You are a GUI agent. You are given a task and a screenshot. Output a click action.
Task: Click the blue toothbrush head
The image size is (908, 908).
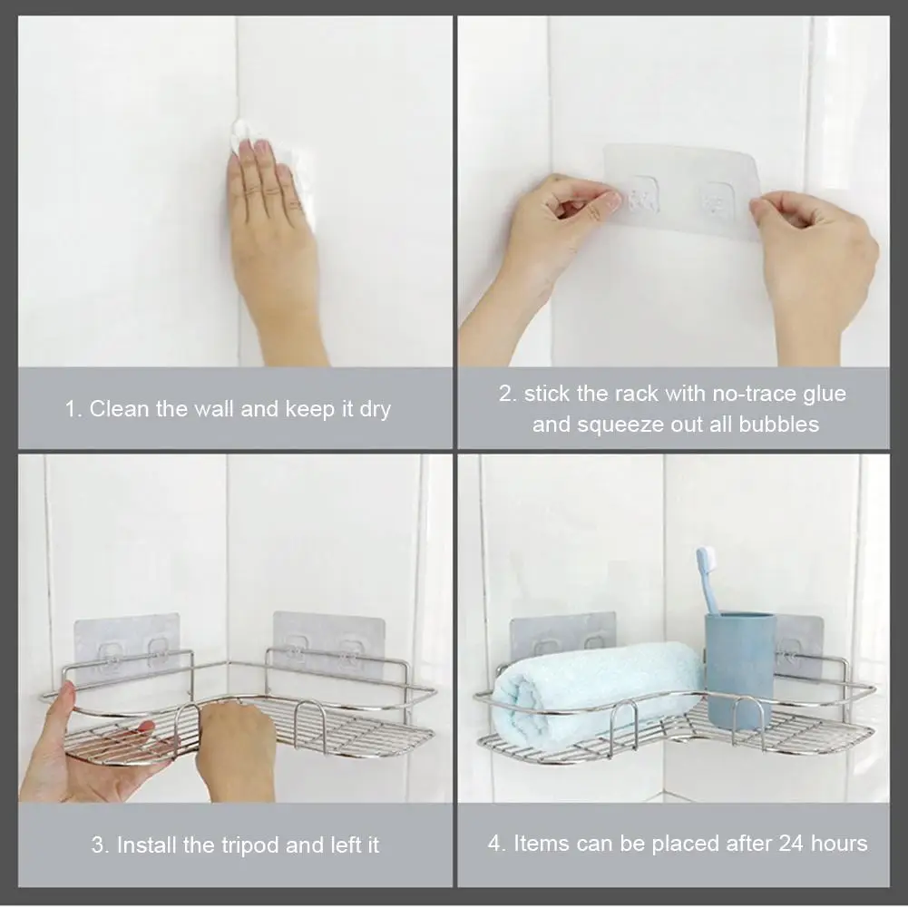[x=706, y=560]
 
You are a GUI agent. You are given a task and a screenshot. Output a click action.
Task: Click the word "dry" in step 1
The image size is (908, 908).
[x=376, y=410]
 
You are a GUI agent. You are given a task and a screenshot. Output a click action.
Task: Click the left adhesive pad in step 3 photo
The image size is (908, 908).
[x=126, y=648]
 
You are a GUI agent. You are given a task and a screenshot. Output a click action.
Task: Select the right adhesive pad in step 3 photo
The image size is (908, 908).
[x=329, y=643]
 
